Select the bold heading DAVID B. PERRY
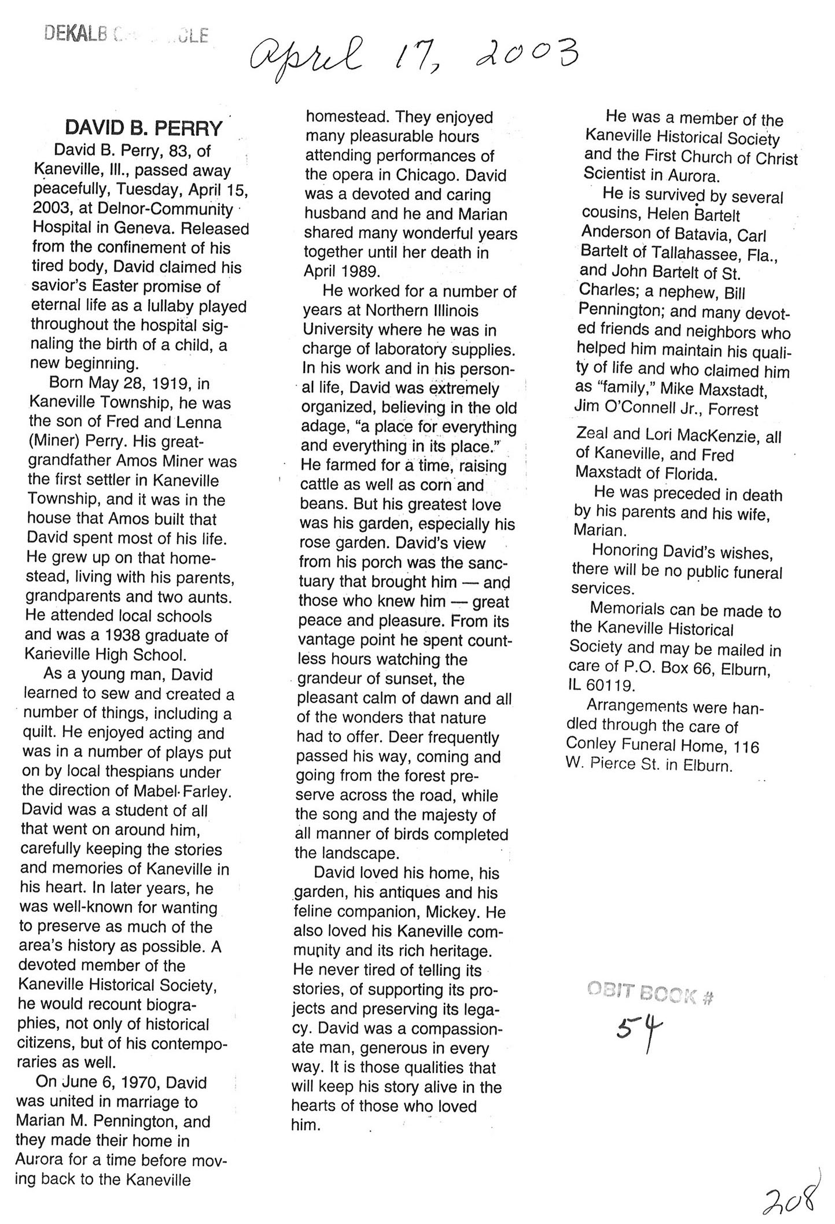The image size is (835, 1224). (144, 128)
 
